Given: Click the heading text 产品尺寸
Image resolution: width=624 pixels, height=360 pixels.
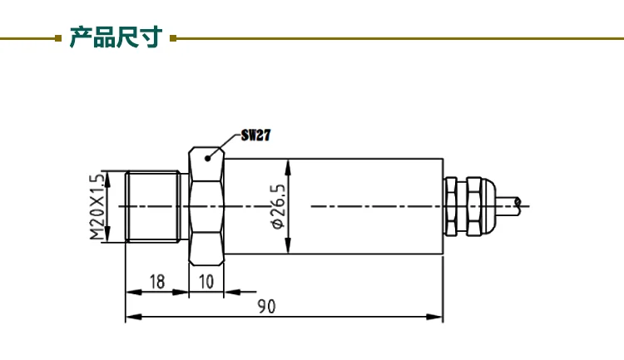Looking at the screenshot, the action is pos(116,37).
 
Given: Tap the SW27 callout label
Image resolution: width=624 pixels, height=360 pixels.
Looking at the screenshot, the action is pos(255,136).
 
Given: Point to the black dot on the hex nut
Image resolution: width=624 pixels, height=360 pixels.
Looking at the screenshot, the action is pos(207,158).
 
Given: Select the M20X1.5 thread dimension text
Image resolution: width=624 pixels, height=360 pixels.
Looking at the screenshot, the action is pos(98,206).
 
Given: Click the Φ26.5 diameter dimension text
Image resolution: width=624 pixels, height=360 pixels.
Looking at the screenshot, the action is pos(278,206).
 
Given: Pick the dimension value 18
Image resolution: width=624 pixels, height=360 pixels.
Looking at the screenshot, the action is pos(157,282).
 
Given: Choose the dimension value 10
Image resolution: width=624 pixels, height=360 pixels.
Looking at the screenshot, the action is pos(206,282).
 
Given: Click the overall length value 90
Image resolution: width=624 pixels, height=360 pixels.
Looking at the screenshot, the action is pos(266,306).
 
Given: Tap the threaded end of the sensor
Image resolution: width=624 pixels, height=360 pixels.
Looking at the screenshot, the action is pos(153,206).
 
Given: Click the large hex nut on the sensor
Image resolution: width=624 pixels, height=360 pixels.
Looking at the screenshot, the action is pos(206,206).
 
